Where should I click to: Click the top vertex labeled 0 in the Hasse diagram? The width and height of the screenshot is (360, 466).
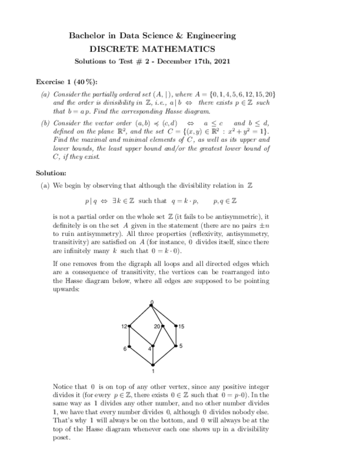click(x=152, y=305)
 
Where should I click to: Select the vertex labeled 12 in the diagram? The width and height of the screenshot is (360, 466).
click(x=130, y=326)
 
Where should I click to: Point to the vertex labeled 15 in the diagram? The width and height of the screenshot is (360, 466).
click(x=175, y=326)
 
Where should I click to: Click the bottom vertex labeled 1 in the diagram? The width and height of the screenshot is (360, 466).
click(x=153, y=364)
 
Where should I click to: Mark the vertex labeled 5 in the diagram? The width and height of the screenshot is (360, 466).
click(x=175, y=346)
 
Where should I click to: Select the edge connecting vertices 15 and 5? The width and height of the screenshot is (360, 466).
click(x=175, y=336)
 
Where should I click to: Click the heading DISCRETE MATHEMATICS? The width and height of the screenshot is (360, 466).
click(x=152, y=49)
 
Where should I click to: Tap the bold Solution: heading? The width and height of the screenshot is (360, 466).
click(x=51, y=173)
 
